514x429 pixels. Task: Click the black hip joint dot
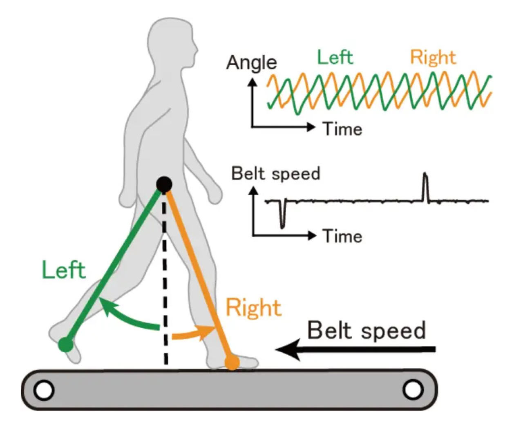[164, 185]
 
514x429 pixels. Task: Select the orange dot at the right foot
[232, 362]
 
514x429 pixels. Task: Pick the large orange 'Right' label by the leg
[254, 308]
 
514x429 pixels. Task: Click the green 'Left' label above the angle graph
[335, 58]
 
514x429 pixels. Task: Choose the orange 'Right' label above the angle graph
[433, 58]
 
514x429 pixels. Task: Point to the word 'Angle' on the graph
[252, 63]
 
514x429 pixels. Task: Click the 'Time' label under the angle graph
[342, 129]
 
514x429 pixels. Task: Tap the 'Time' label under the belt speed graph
[342, 236]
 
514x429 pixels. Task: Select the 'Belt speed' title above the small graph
[276, 174]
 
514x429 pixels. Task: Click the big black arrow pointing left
[355, 349]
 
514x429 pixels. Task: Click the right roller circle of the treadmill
[412, 390]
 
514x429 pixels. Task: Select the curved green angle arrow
[127, 317]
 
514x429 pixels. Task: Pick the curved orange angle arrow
[192, 334]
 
